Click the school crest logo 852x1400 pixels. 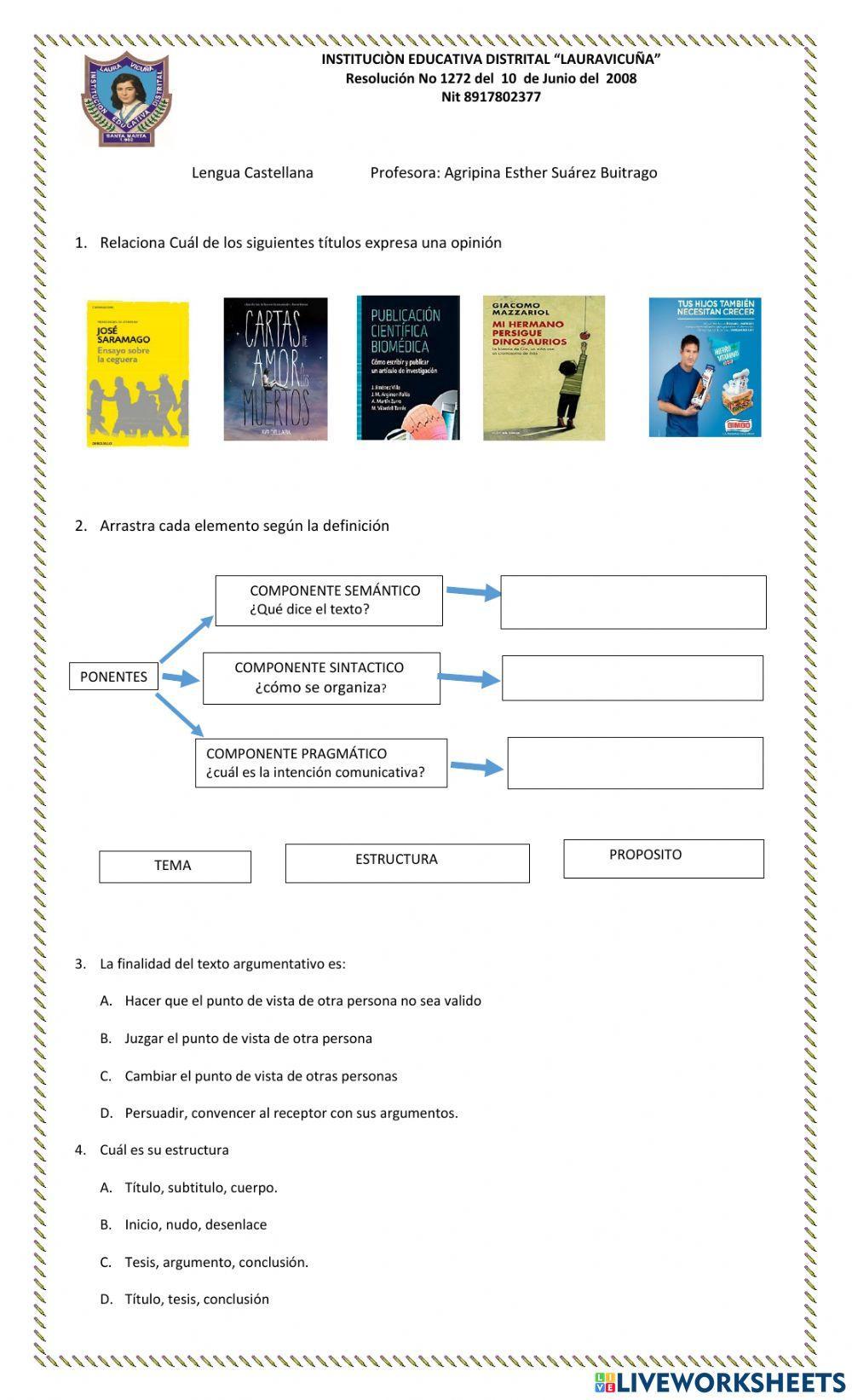coord(126,100)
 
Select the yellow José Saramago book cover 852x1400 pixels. coord(137,373)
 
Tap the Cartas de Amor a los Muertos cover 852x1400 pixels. coord(275,369)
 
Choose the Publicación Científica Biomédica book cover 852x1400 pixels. coord(408,368)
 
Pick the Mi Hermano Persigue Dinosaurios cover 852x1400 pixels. coord(544,368)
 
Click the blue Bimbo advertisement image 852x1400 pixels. coord(705,367)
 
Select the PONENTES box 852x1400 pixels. coord(113,677)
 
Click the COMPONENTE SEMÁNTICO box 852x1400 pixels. coord(329,601)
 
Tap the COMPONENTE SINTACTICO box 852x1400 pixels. coord(321,678)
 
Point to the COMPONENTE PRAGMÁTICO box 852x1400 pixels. coord(321,763)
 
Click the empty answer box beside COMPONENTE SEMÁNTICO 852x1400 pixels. coord(633,602)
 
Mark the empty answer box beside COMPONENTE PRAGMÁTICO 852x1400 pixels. coord(635,763)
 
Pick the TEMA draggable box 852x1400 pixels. coord(175,867)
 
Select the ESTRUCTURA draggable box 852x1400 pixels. coord(407,863)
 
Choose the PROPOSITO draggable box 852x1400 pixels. coord(663,858)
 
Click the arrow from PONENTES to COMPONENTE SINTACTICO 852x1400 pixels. coord(180,678)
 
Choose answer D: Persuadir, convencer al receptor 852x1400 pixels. coord(291,1113)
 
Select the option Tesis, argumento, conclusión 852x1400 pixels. coord(216,1262)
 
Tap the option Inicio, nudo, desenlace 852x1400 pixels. coord(195,1224)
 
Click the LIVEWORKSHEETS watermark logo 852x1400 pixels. coord(719,1381)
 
